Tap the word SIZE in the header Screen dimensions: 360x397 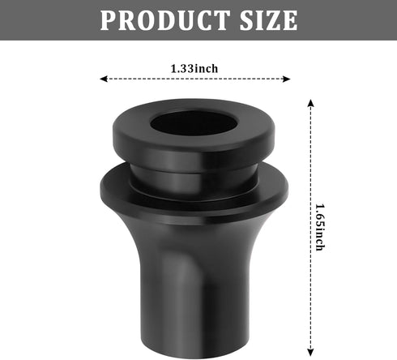click(x=265, y=20)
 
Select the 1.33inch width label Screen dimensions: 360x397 click(x=194, y=68)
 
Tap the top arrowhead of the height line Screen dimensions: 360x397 click(x=311, y=102)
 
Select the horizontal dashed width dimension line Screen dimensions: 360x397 click(x=146, y=79)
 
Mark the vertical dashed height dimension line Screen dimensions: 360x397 click(x=311, y=162)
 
